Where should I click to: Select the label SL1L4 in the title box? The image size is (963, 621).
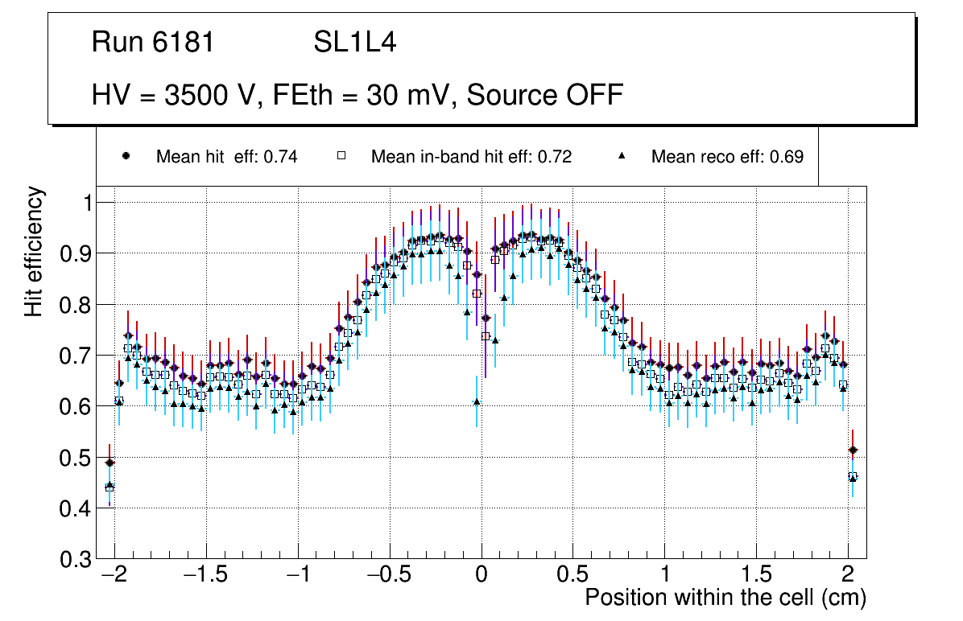coord(354,43)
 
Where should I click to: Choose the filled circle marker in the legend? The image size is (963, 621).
coord(125,156)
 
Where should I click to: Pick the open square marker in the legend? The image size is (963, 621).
coord(340,156)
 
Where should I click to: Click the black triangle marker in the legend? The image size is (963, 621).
coord(622,156)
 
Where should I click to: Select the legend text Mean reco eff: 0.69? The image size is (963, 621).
coord(726,157)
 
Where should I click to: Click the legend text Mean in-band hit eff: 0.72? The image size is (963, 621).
coord(471,157)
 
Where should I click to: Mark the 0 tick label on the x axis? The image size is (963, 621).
coord(481,577)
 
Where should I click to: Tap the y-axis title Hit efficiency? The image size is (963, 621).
coord(34,251)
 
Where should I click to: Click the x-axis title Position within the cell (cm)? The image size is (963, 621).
coord(725,598)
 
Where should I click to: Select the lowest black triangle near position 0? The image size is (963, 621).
coord(477,401)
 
